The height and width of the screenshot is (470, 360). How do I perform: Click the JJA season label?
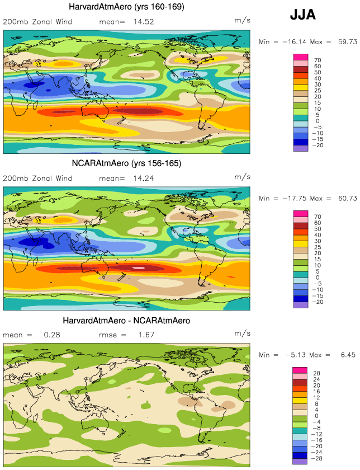click(x=303, y=15)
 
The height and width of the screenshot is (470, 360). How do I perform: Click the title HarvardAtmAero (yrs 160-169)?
click(x=126, y=7)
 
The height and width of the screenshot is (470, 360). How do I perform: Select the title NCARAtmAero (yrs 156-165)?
click(x=126, y=163)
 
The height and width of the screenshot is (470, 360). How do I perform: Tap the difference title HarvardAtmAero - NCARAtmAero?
click(x=126, y=321)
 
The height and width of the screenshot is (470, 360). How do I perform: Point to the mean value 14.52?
click(x=144, y=22)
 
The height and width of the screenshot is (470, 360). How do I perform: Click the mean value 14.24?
click(x=144, y=178)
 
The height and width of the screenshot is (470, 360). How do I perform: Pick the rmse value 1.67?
click(x=146, y=335)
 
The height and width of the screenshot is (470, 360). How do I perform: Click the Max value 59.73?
click(x=347, y=42)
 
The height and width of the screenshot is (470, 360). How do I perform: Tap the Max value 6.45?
click(x=348, y=355)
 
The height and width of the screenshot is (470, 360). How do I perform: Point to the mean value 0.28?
click(x=52, y=335)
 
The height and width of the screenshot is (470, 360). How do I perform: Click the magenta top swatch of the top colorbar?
click(x=301, y=57)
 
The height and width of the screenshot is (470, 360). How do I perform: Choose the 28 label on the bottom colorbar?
click(x=316, y=374)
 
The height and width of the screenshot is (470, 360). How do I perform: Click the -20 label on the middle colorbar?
click(x=318, y=302)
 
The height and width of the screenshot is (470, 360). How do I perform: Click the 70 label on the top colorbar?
click(x=318, y=60)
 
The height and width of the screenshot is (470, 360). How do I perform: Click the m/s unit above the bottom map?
click(x=242, y=333)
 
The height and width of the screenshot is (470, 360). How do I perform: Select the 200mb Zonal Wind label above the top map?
click(x=37, y=22)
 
